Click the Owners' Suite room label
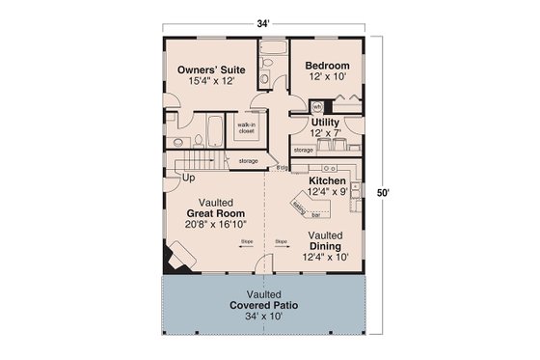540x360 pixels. click(210, 70)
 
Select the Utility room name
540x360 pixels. click(325, 122)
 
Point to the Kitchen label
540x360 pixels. click(327, 180)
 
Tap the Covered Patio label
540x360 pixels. click(263, 304)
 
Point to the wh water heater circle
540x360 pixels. click(316, 106)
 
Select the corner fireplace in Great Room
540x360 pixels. click(175, 257)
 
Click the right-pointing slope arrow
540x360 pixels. click(282, 249)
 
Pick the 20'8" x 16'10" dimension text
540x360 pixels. click(215, 225)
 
